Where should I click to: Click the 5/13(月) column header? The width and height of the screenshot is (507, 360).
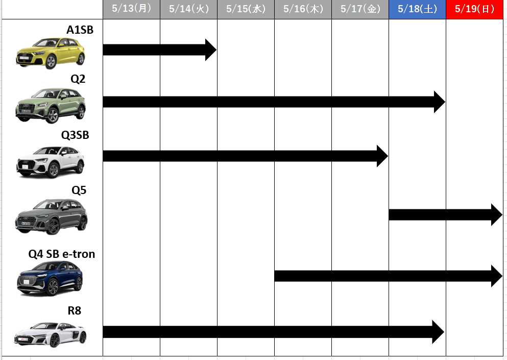point(131,9)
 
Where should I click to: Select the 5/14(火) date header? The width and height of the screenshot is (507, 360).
point(188,9)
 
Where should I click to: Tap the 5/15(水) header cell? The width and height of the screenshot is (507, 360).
point(246,9)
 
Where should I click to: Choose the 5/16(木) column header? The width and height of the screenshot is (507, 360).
point(303,9)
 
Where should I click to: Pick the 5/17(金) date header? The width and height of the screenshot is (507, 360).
point(360,9)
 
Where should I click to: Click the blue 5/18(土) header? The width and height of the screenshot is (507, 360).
point(418,9)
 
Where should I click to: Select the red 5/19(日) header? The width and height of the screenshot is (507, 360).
point(475,9)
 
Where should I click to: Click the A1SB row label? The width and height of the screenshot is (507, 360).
point(80,30)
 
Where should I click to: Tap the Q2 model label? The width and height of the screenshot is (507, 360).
point(78,79)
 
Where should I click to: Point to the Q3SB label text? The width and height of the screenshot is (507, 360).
point(75,135)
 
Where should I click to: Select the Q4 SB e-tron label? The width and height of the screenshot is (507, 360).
point(62,254)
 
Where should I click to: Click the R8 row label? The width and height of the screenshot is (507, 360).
point(75,311)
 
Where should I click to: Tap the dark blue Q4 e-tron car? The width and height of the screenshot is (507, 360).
point(50,279)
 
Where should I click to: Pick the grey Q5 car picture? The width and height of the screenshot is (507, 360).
point(51,217)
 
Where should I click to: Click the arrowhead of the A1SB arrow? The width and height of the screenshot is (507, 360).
point(216,50)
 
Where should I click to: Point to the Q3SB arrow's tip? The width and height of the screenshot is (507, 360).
point(388,156)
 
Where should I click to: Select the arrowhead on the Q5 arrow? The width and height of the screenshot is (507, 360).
point(502,215)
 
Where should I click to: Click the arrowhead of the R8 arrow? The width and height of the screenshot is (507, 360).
point(444,332)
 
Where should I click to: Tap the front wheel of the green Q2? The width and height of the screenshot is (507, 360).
point(52,116)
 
